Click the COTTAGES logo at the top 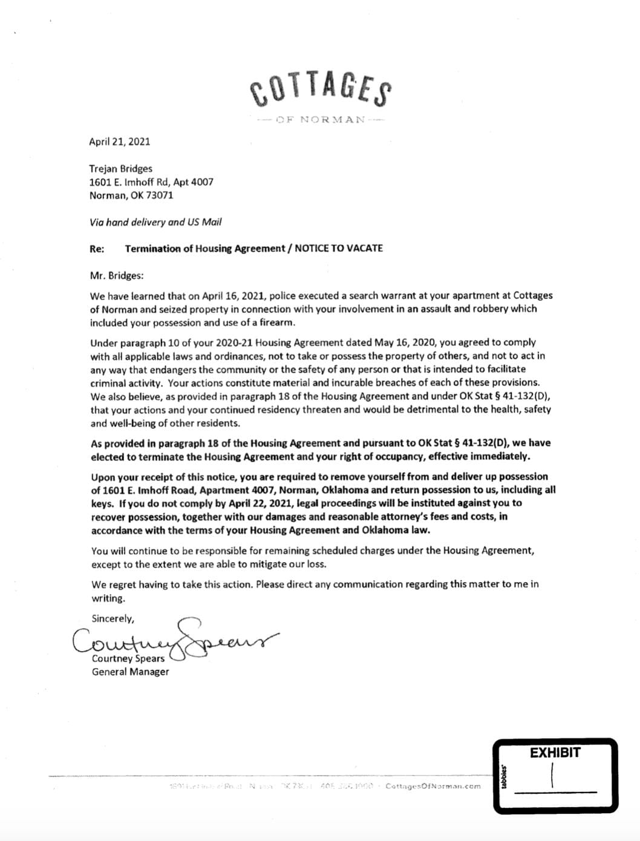pyautogui.click(x=320, y=88)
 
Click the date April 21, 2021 pyautogui.click(x=119, y=142)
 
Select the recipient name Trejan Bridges pyautogui.click(x=120, y=169)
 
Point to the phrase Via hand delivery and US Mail pyautogui.click(x=155, y=222)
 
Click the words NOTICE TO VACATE pyautogui.click(x=339, y=248)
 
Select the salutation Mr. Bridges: pyautogui.click(x=117, y=275)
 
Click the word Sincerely pyautogui.click(x=113, y=618)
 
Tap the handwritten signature pyautogui.click(x=175, y=640)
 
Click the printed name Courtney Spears pyautogui.click(x=128, y=658)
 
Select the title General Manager pyautogui.click(x=130, y=672)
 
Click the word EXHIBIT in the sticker pyautogui.click(x=555, y=753)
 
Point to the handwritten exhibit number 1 pyautogui.click(x=552, y=775)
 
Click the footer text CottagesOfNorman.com pyautogui.click(x=433, y=787)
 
